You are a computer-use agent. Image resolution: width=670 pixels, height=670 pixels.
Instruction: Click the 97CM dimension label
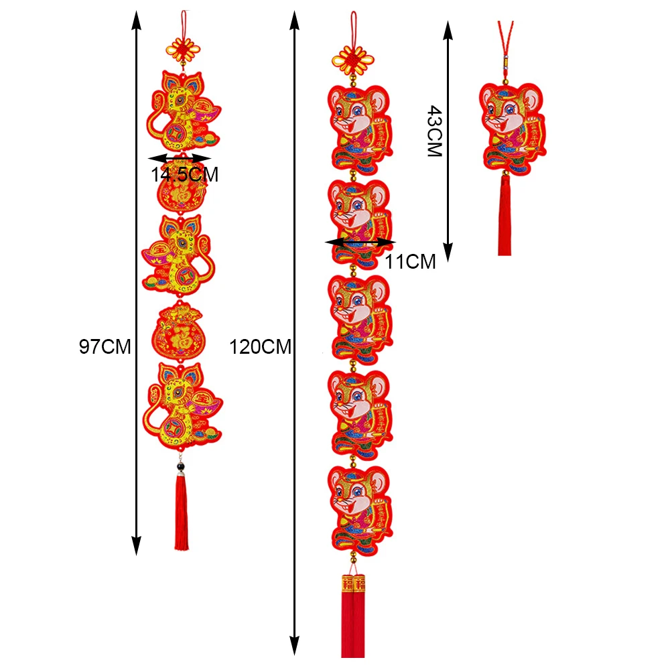click(x=105, y=347)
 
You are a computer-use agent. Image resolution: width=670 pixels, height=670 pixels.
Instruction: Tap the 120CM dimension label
click(x=261, y=347)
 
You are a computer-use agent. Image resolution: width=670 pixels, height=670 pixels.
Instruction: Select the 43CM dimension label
click(x=434, y=131)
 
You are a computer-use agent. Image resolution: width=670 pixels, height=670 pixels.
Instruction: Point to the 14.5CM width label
click(x=184, y=176)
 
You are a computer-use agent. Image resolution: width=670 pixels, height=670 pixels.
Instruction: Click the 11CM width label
click(x=411, y=261)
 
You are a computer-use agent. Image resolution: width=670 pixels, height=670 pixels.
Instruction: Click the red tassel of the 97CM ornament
click(x=182, y=513)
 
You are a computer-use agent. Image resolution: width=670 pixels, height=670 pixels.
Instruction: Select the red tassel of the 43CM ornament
click(x=505, y=218)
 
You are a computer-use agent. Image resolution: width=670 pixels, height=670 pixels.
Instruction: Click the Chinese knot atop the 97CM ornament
click(x=182, y=48)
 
